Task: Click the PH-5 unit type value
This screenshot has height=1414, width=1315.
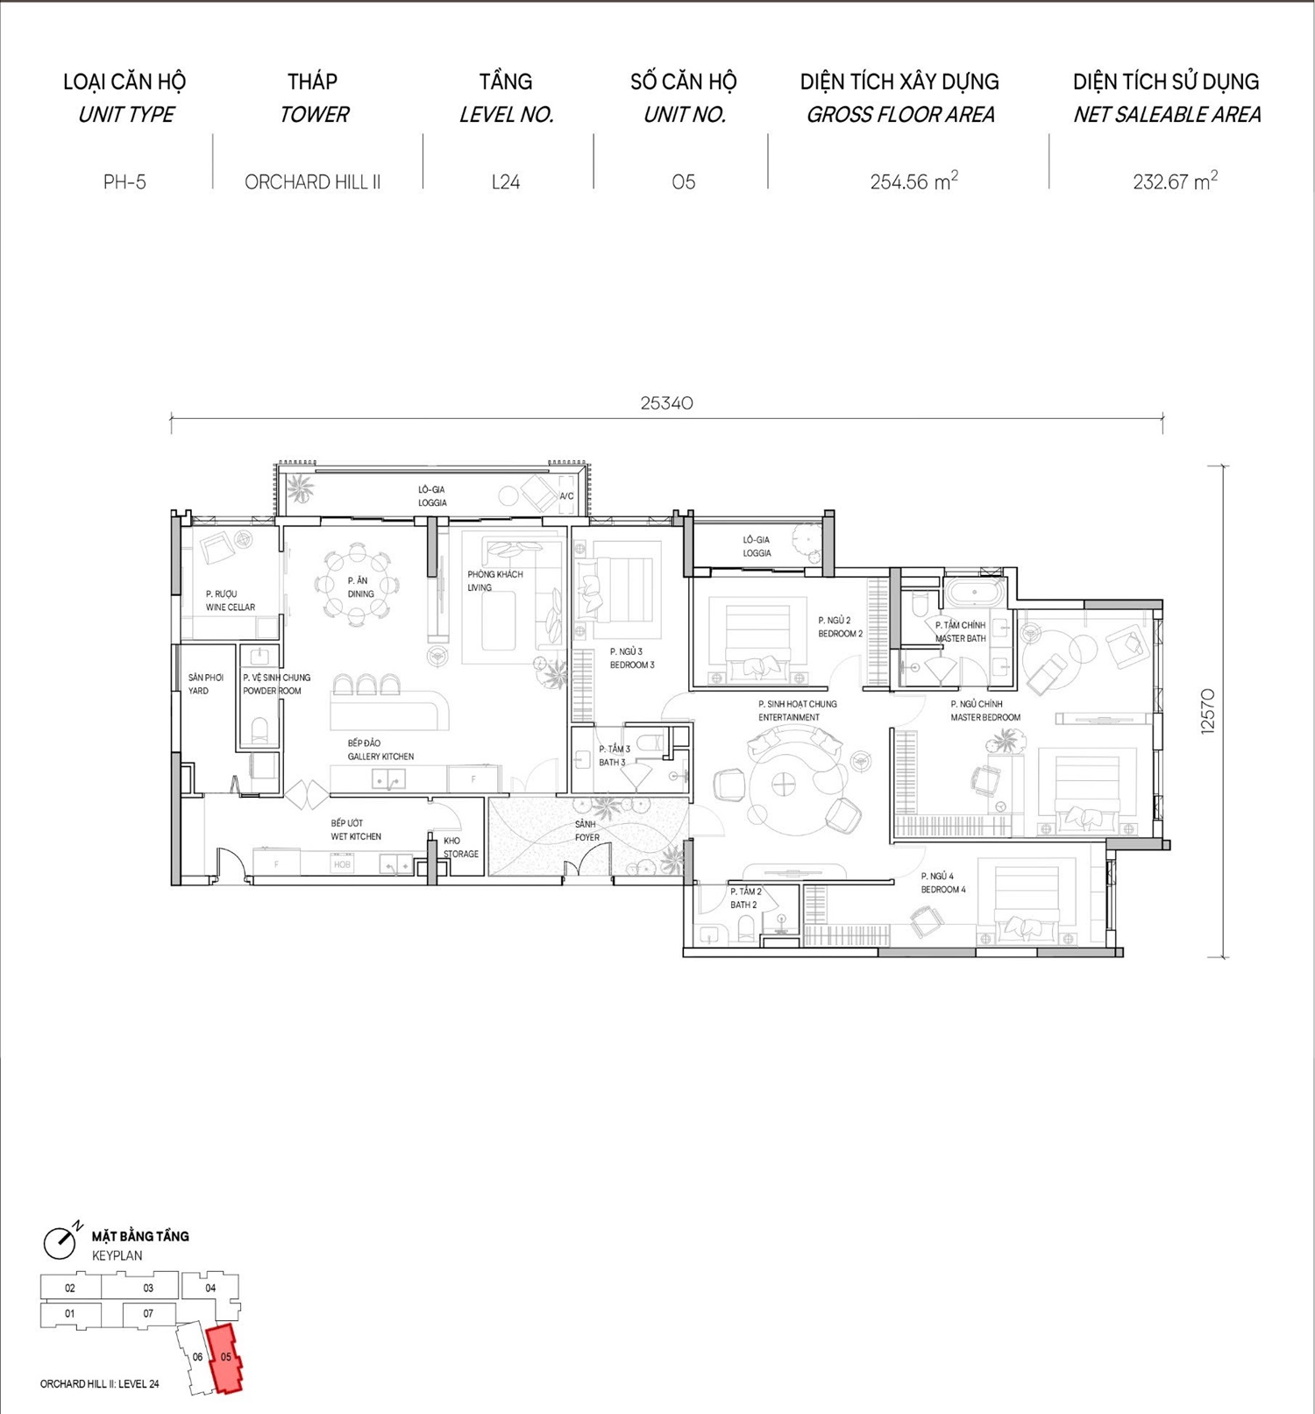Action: pyautogui.click(x=124, y=182)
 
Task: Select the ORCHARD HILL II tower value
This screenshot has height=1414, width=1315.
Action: pyautogui.click(x=312, y=182)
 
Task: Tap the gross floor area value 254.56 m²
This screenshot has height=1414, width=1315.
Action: pyautogui.click(x=913, y=181)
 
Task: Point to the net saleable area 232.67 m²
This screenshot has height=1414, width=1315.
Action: pyautogui.click(x=1175, y=181)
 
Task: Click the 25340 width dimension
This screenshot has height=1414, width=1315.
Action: pyautogui.click(x=666, y=403)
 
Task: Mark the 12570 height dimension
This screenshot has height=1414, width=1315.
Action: pyautogui.click(x=1208, y=711)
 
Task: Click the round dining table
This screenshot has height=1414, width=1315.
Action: pyautogui.click(x=357, y=586)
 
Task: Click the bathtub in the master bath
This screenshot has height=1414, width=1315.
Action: pyautogui.click(x=974, y=593)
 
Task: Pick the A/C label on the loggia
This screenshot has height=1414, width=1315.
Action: pyautogui.click(x=566, y=496)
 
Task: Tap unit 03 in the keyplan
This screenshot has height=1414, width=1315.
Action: pyautogui.click(x=148, y=1288)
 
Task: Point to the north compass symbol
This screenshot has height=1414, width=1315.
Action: pyautogui.click(x=61, y=1240)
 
